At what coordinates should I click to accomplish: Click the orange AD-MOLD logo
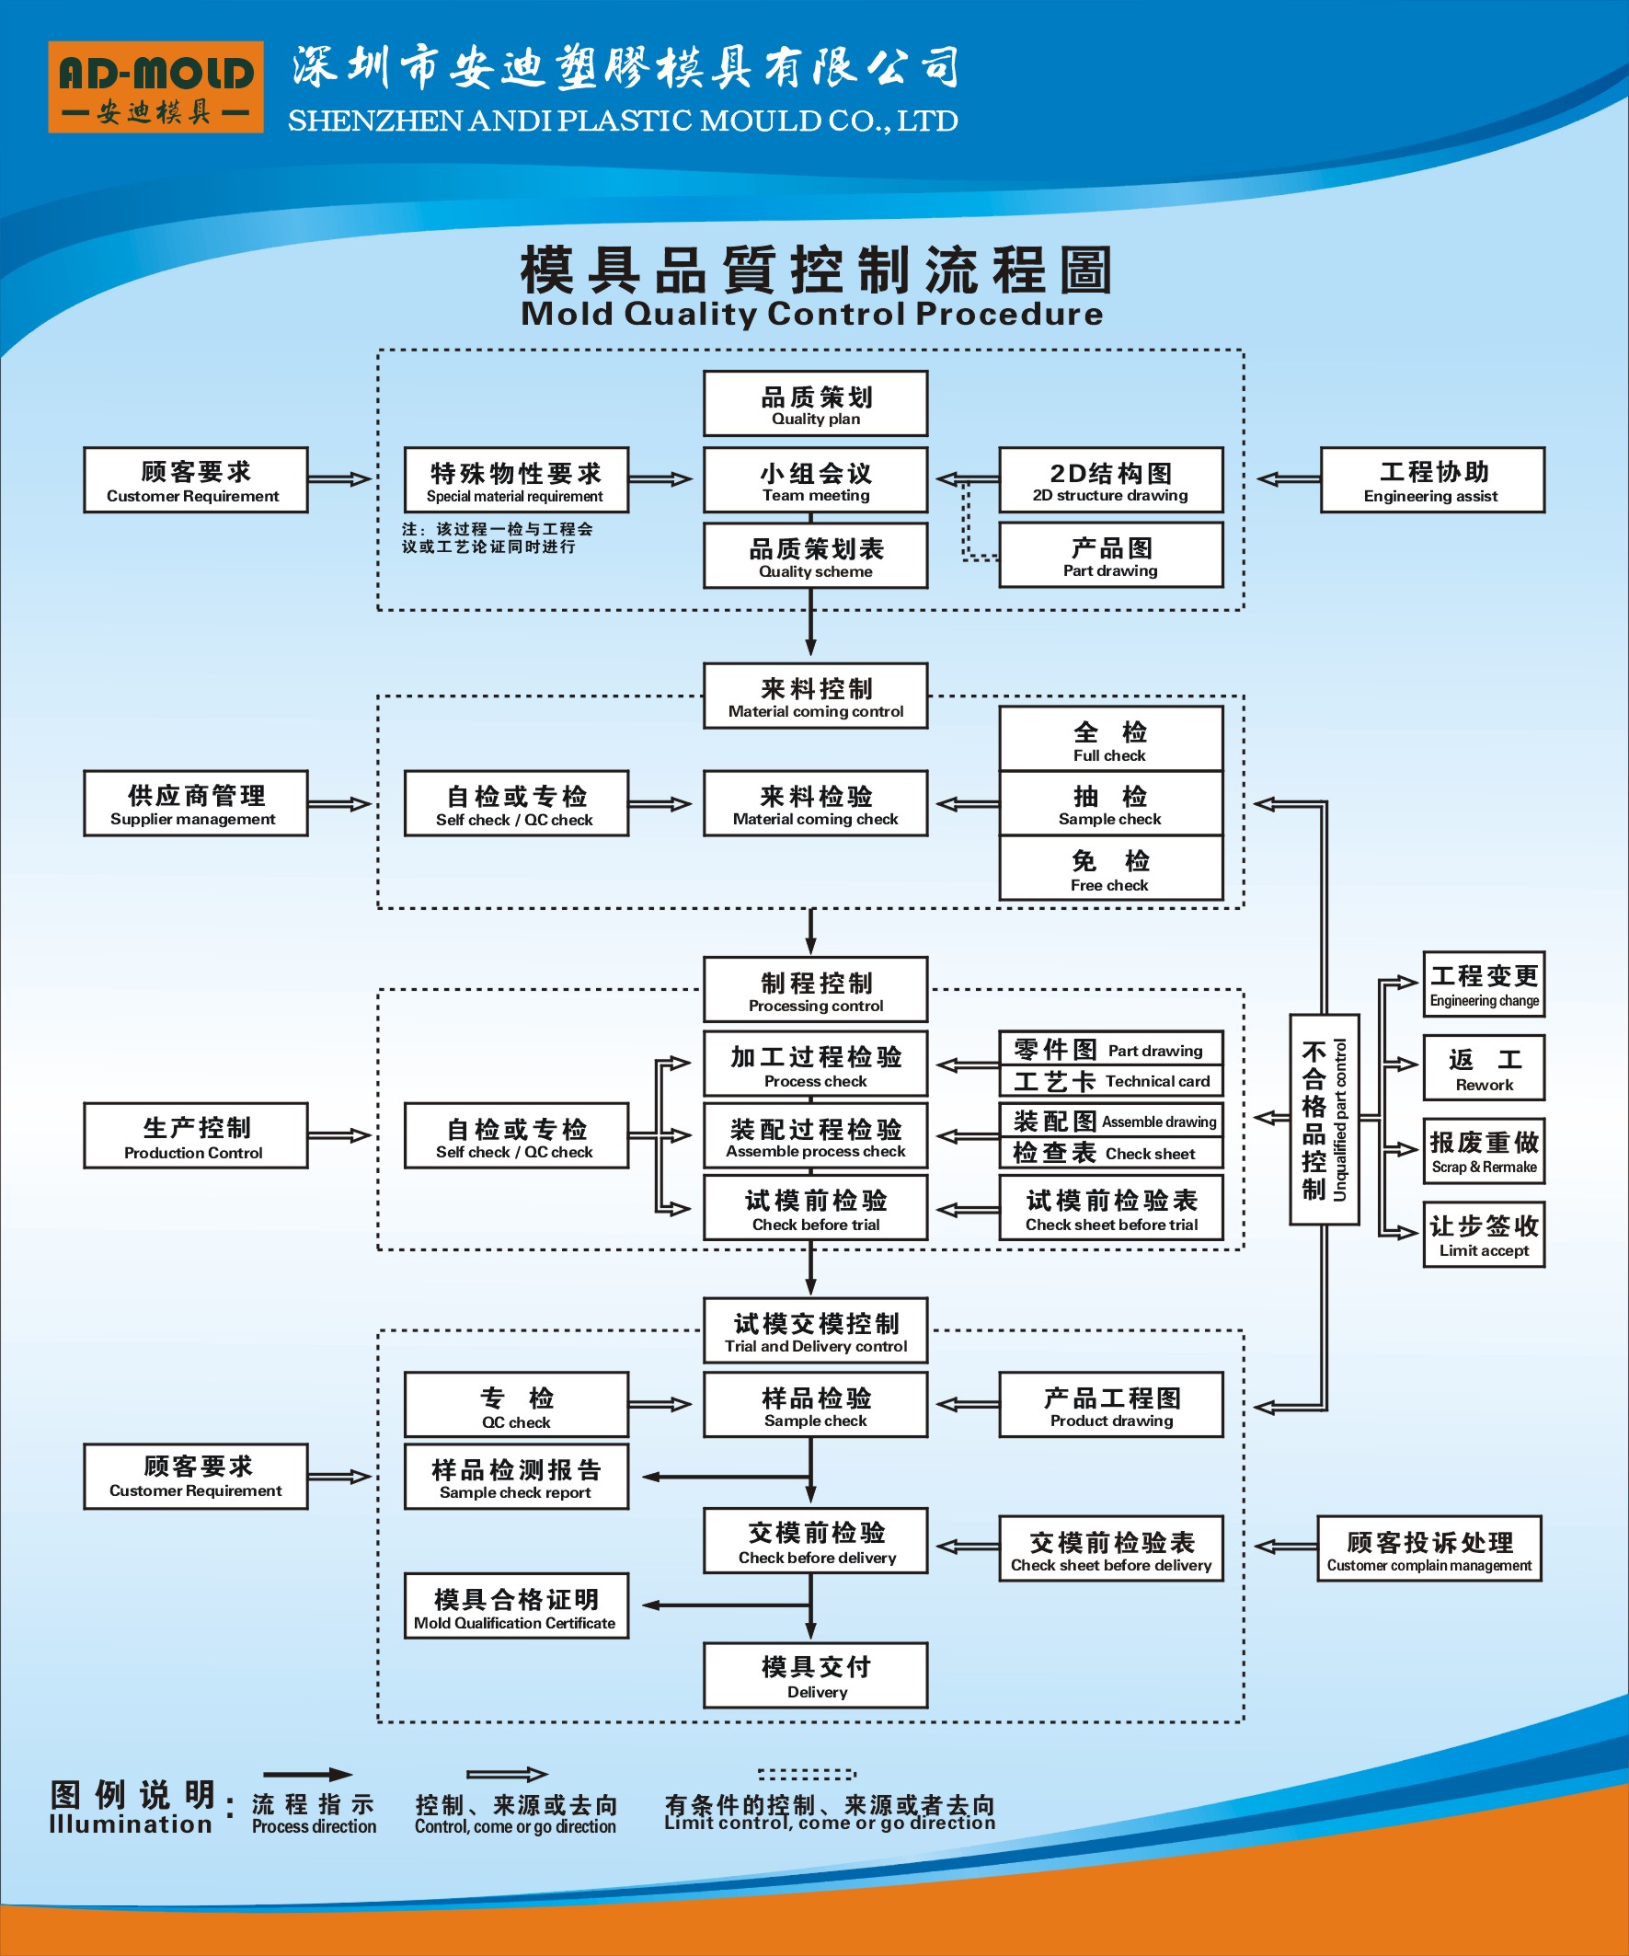[x=155, y=86]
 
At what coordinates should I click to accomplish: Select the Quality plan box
[x=815, y=403]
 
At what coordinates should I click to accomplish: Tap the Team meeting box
[x=815, y=479]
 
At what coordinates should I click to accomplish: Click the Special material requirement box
[x=516, y=479]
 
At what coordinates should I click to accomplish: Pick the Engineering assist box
[x=1431, y=479]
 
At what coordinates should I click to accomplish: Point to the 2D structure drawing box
[x=1110, y=479]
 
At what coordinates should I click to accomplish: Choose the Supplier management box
[x=196, y=803]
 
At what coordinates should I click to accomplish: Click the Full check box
[x=1110, y=739]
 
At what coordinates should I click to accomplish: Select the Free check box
[x=1110, y=869]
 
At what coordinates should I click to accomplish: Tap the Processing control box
[x=815, y=989]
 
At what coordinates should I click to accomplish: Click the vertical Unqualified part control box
[x=1324, y=1119]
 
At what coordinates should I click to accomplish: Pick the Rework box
[x=1483, y=1067]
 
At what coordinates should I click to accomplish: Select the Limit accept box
[x=1483, y=1234]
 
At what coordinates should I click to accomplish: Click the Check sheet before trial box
[x=1110, y=1208]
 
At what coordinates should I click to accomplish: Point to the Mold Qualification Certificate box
[x=516, y=1605]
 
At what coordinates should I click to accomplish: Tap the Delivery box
[x=815, y=1675]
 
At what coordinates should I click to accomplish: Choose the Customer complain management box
[x=1428, y=1548]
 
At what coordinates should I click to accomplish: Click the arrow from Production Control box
[x=340, y=1135]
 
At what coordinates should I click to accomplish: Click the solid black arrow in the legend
[x=307, y=1775]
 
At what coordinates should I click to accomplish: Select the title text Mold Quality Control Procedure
[x=811, y=314]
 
